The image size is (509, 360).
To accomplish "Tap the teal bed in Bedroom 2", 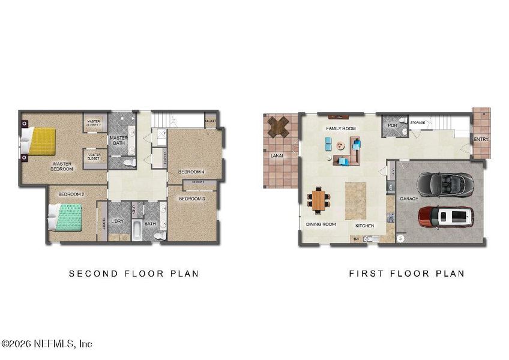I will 67,217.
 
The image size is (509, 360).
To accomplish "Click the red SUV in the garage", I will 446,217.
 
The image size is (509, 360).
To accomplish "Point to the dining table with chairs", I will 318,200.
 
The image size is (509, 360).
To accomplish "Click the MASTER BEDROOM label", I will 62,166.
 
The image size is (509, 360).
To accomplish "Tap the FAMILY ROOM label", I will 341,129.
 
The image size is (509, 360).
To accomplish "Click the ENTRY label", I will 481,140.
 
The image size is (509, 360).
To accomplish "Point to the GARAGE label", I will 409,199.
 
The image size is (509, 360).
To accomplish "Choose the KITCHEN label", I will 364,226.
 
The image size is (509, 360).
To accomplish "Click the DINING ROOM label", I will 321,224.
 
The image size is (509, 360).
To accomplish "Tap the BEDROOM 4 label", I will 191,172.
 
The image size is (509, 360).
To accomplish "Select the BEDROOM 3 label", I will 192,199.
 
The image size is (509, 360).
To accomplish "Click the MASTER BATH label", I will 118,140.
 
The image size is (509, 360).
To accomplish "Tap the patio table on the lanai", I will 277,127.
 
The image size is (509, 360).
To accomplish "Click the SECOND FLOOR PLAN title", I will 134,274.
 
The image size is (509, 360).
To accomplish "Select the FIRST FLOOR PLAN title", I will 406,274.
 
